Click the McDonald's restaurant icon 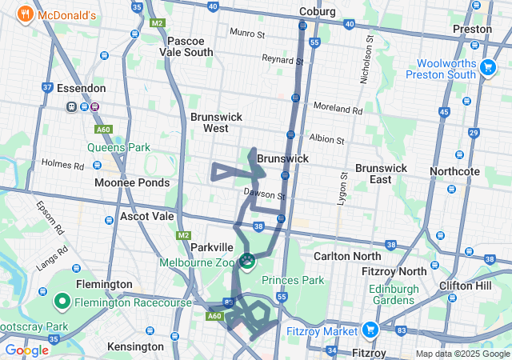tap(26, 14)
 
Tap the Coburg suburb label tap(318, 11)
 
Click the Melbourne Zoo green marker tap(248, 261)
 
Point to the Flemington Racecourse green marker tap(62, 302)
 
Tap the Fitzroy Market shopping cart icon tap(370, 328)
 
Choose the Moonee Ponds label tap(132, 182)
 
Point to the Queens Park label tap(118, 147)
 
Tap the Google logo tap(26, 350)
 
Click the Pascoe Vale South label tap(190, 46)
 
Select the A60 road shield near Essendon tap(102, 128)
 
